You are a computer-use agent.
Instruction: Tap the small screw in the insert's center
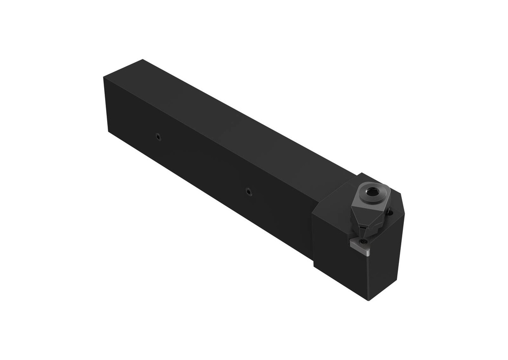pos(361,241)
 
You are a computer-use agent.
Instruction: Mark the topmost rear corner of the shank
pos(143,60)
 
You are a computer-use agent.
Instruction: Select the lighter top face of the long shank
pos(223,119)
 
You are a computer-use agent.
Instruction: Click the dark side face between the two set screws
pos(203,164)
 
